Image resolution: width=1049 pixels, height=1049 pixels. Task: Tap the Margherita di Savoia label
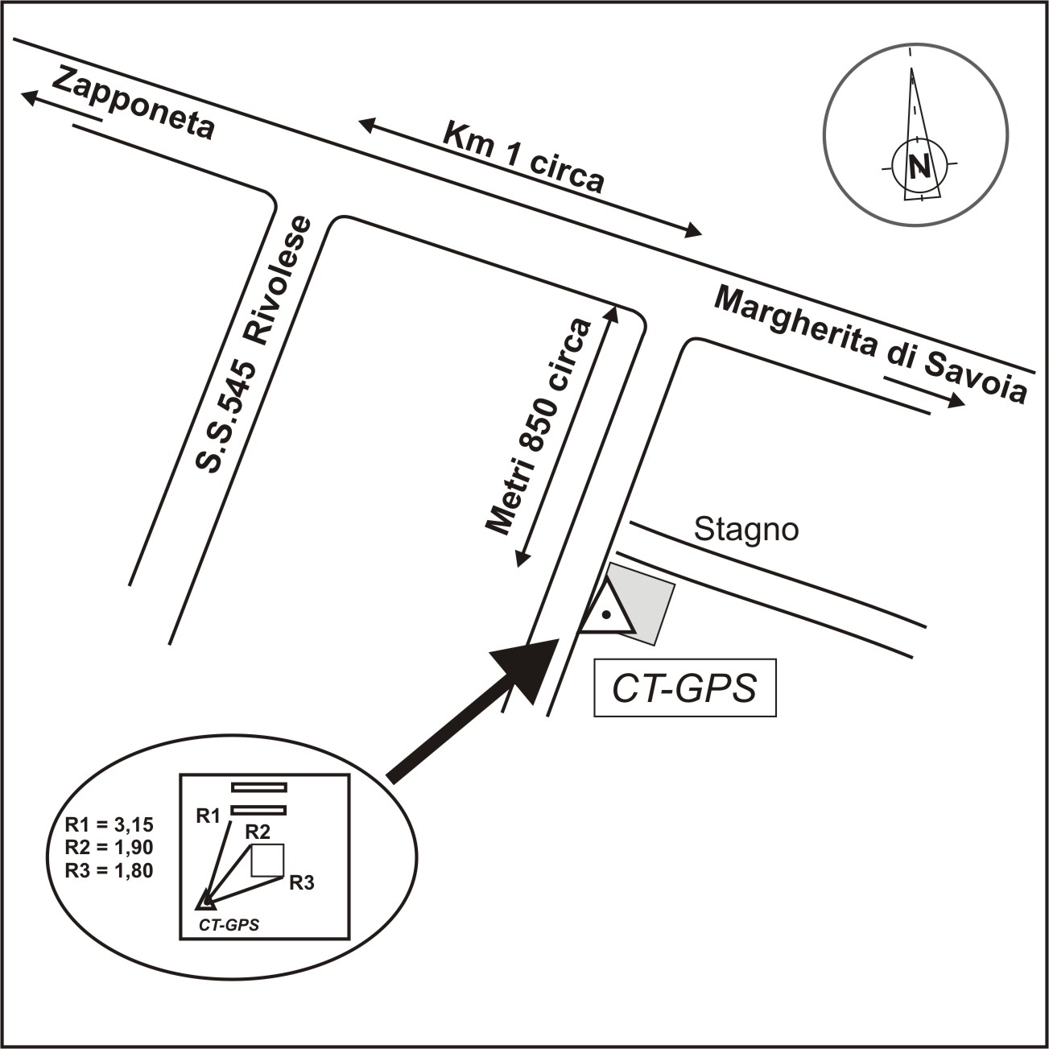point(871,345)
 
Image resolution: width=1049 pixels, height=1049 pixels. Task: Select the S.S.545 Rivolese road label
point(254,345)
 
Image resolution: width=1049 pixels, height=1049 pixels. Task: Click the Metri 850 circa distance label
point(539,427)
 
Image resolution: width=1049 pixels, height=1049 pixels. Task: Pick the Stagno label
point(746,530)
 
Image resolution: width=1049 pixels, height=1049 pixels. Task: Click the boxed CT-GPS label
point(684,688)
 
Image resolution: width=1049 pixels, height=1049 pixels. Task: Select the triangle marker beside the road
point(607,612)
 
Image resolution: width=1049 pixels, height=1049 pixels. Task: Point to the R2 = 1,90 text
point(109,847)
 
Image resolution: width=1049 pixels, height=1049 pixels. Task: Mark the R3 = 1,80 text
point(109,869)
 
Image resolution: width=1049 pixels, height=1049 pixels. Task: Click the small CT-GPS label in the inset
point(229,926)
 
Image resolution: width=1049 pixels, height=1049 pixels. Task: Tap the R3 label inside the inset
point(301,883)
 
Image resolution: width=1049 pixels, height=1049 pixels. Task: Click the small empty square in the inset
point(267,860)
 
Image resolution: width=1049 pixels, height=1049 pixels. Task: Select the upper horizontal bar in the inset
point(258,787)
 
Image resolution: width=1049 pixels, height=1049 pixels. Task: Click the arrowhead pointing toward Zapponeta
point(30,97)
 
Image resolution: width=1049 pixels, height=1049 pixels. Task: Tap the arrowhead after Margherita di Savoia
point(956,401)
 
